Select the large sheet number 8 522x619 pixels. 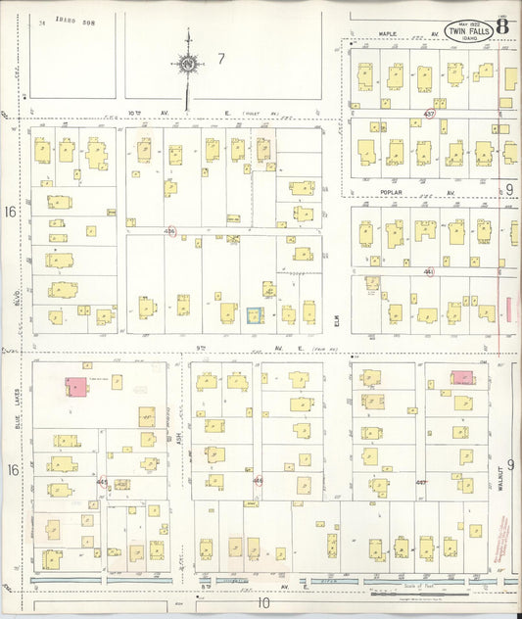click(502, 26)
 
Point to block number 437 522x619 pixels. click(428, 114)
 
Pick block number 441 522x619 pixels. click(428, 271)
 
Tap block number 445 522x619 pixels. click(102, 481)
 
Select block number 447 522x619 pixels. click(421, 482)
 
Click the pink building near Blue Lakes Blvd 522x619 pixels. click(74, 385)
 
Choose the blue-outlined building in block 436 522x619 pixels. click(254, 314)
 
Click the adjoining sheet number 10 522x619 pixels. click(263, 603)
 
